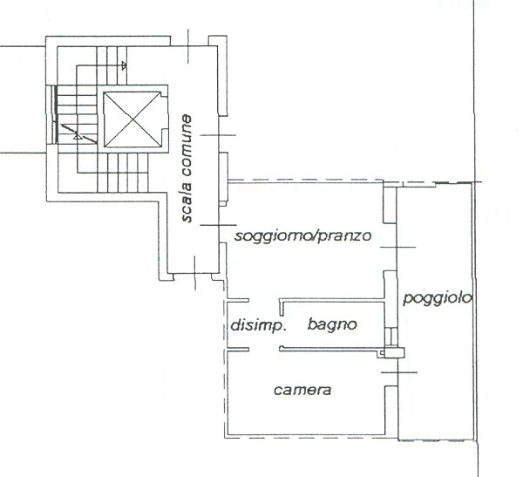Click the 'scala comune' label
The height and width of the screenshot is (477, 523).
click(x=187, y=168)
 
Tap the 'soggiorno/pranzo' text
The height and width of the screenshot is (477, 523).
click(x=302, y=236)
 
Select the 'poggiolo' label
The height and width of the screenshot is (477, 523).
click(x=438, y=298)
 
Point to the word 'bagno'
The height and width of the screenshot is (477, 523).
click(x=332, y=324)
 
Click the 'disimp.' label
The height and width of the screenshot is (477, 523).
click(x=259, y=325)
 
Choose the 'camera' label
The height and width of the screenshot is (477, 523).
click(x=302, y=390)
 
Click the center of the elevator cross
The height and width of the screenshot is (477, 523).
click(x=132, y=119)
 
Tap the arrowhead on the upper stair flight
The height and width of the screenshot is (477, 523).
click(x=124, y=65)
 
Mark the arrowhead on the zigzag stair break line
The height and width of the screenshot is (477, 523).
click(x=78, y=136)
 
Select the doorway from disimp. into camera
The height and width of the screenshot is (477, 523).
click(x=264, y=349)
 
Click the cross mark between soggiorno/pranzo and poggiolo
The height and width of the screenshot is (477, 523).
click(x=397, y=247)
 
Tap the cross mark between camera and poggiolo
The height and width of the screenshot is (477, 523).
click(x=398, y=371)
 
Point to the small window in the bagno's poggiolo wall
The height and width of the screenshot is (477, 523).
click(x=391, y=337)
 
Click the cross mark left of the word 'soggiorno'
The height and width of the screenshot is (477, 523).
click(x=219, y=225)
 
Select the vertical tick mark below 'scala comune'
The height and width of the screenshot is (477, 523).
click(x=195, y=274)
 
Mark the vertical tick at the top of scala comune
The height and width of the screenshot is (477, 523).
click(x=188, y=46)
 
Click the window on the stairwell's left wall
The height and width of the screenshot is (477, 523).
click(x=53, y=114)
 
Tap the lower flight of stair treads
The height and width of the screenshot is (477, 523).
click(x=123, y=173)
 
